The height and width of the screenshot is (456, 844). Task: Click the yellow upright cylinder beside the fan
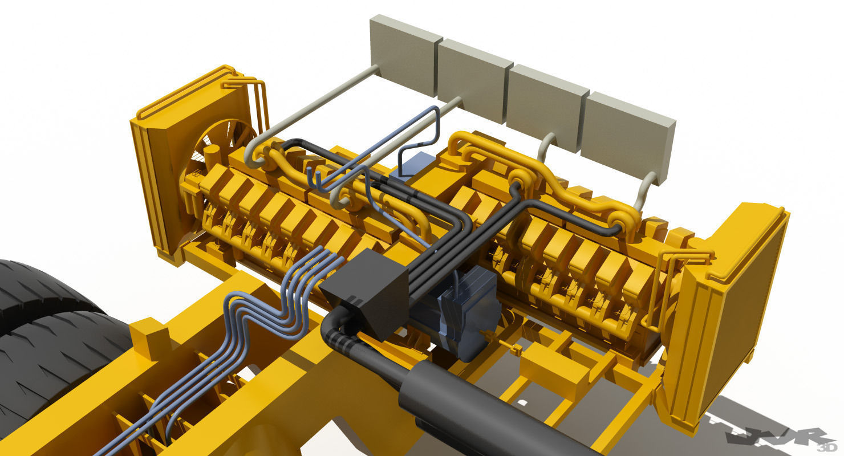pos(213,157)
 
